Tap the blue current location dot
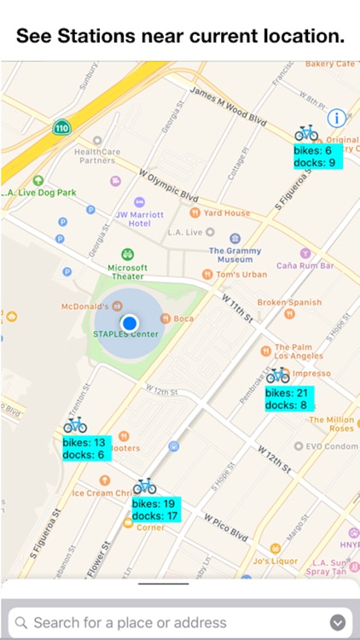point(130,323)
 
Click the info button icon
point(336,118)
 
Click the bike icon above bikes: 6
point(306,133)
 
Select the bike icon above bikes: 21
point(277,375)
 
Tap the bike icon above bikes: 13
point(75,425)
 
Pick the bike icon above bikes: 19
point(144,486)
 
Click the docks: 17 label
point(154,516)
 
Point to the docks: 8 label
point(286,405)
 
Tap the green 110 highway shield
point(61,128)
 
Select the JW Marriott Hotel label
point(134,218)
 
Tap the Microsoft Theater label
point(127,271)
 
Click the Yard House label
point(226,212)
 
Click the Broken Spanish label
point(289,302)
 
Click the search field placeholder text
point(130,622)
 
